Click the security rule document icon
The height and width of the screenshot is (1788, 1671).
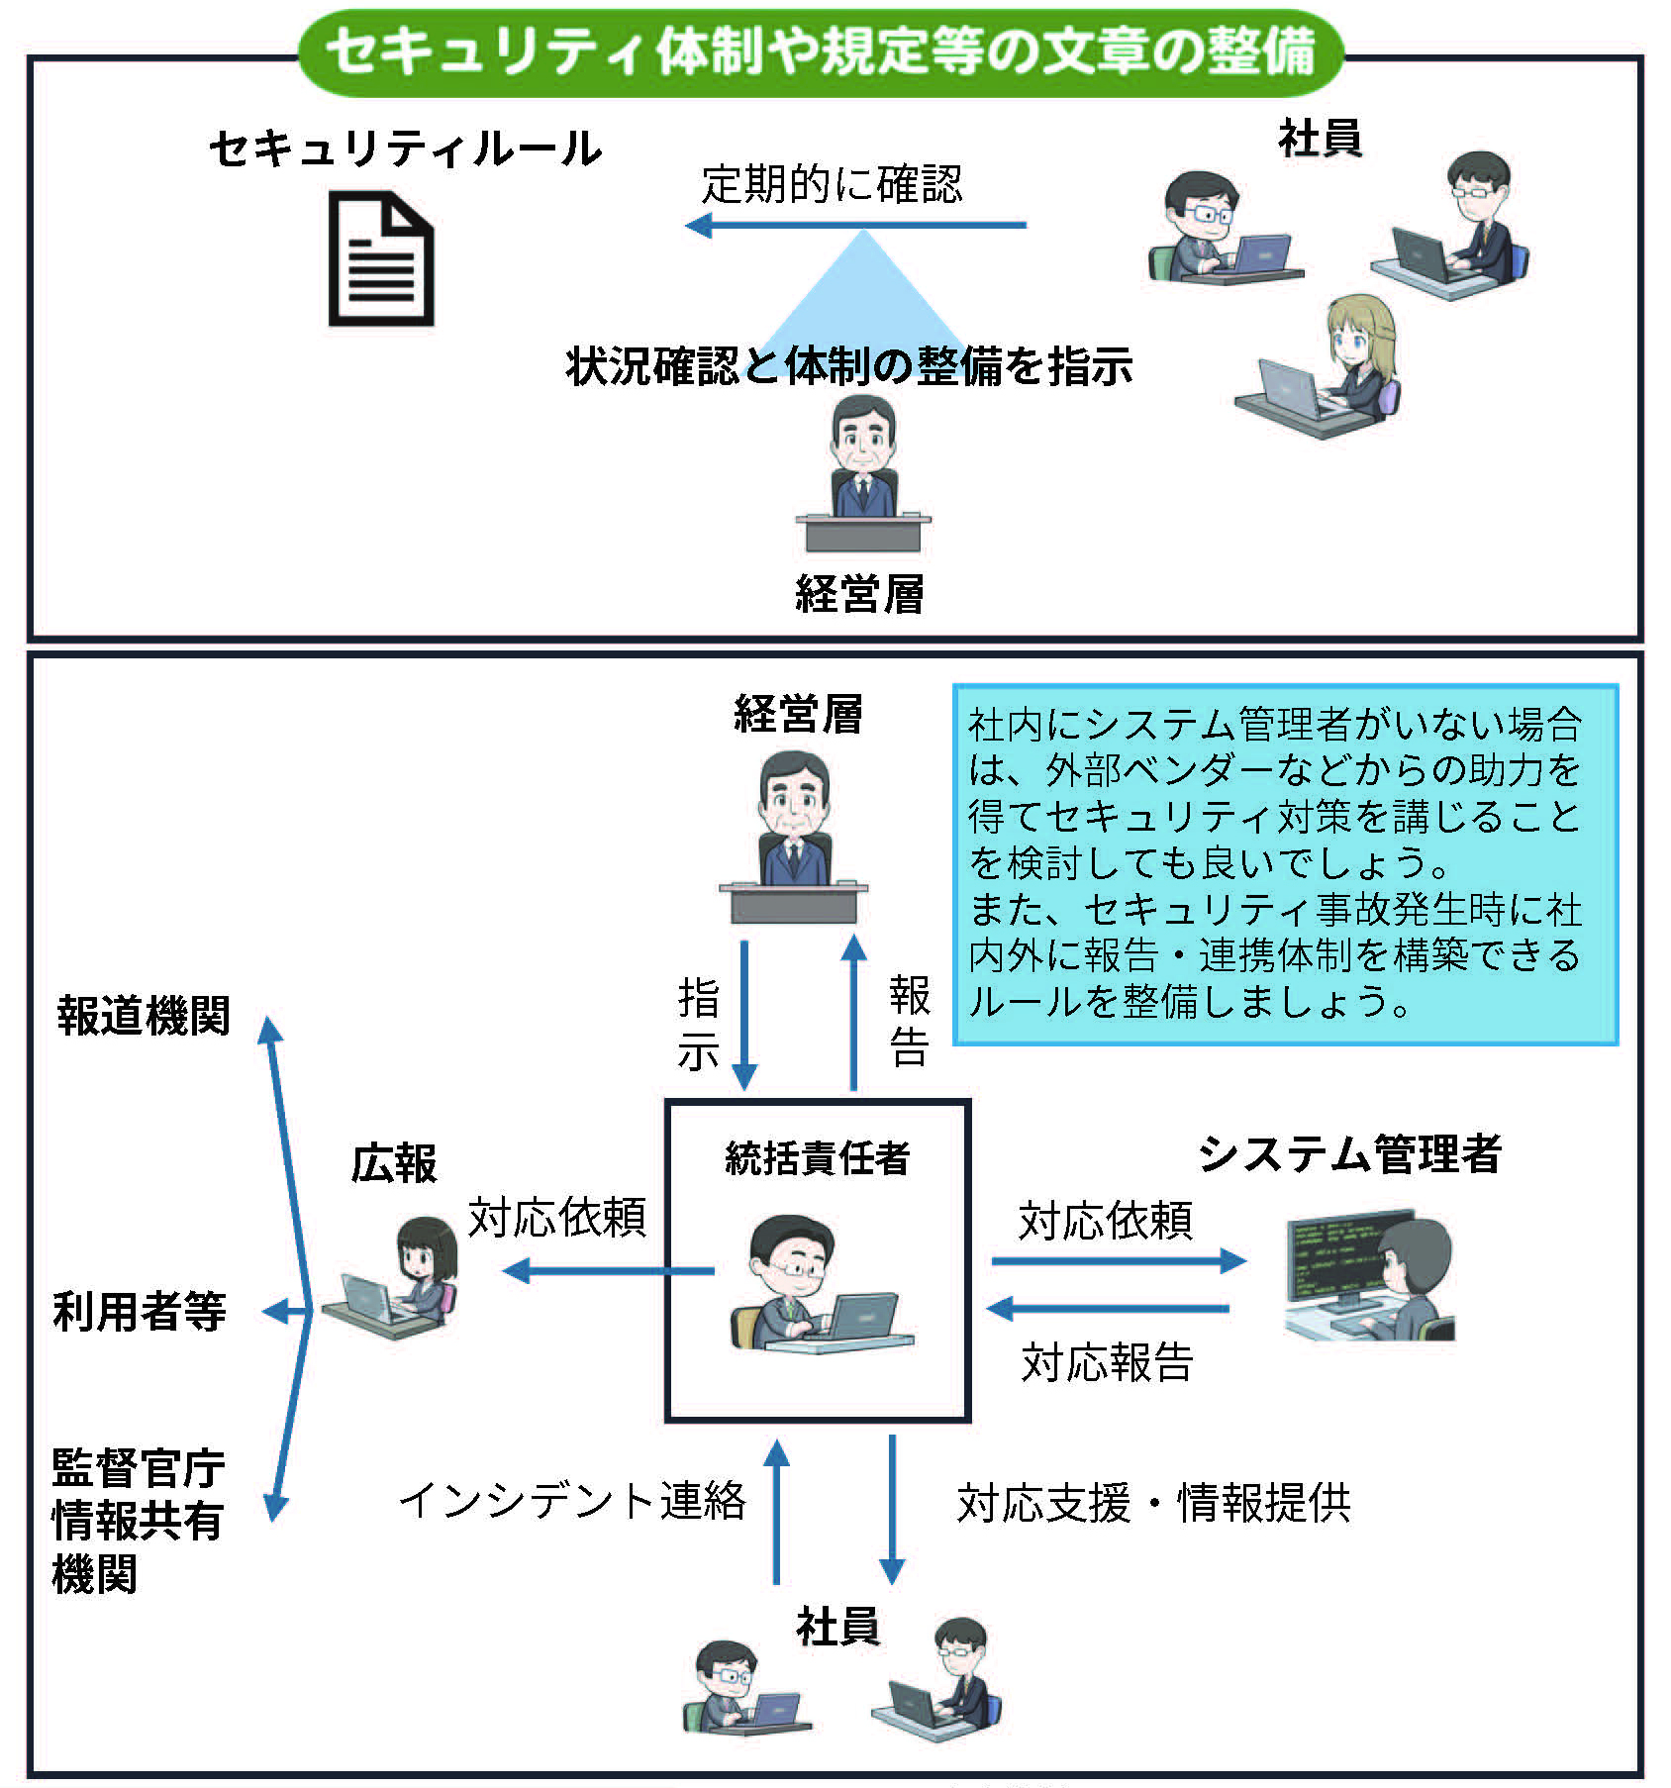click(x=381, y=260)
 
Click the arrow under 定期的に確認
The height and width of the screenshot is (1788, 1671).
click(x=856, y=226)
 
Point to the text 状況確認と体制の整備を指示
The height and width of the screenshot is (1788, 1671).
click(x=849, y=366)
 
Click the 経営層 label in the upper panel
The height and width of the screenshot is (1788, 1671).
click(x=859, y=594)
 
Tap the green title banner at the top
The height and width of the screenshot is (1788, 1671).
click(x=822, y=51)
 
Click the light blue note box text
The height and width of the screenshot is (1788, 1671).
click(x=1284, y=863)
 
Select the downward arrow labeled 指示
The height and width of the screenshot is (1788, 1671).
click(x=744, y=1015)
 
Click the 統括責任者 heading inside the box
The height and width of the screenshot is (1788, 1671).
click(x=817, y=1157)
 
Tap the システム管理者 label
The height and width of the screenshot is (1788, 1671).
click(x=1349, y=1153)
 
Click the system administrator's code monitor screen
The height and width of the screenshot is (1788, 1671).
click(x=1336, y=1255)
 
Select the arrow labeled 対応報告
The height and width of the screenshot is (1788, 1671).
click(x=1109, y=1309)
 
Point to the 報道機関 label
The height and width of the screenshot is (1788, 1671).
click(x=144, y=1016)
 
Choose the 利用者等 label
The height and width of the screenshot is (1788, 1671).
click(x=140, y=1312)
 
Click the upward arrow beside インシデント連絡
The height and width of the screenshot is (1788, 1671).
click(x=777, y=1511)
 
